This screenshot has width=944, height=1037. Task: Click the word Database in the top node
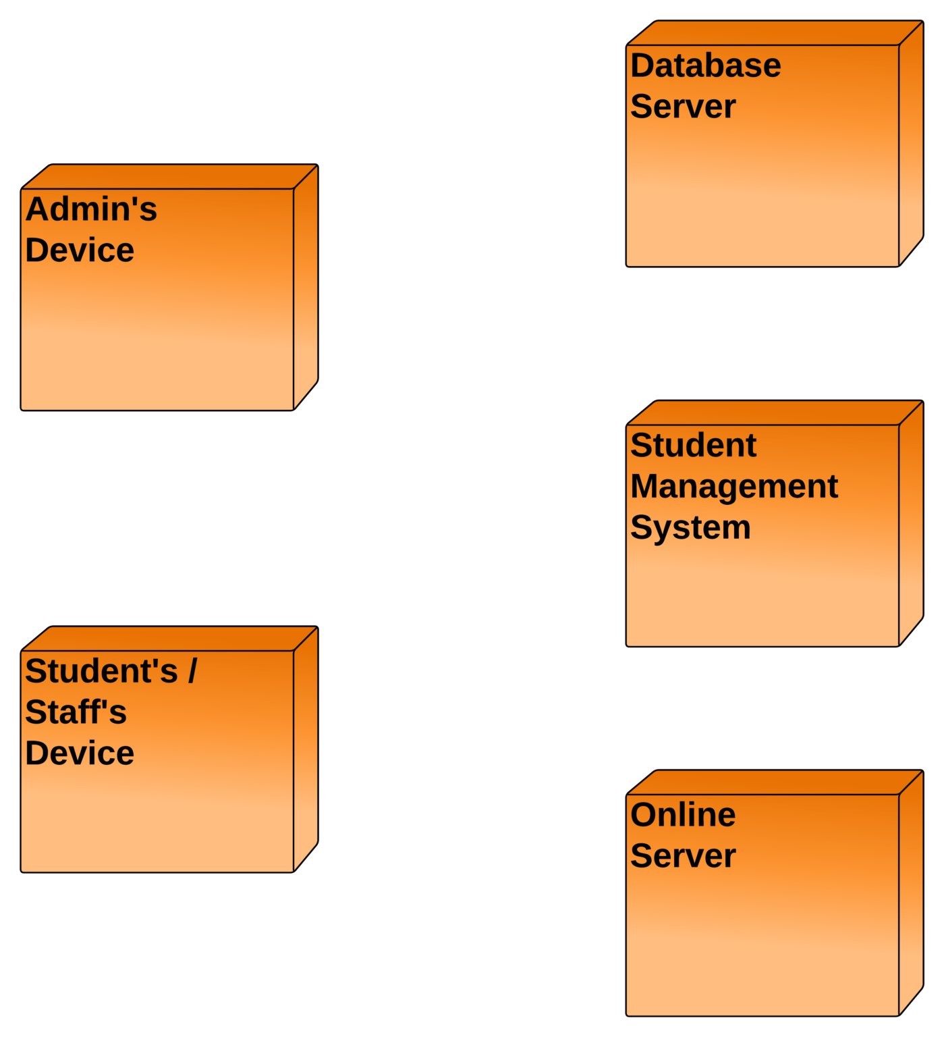(706, 66)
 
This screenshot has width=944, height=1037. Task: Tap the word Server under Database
(683, 107)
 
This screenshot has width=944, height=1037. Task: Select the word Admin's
(91, 209)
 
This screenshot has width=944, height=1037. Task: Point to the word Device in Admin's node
(80, 250)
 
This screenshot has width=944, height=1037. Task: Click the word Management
(734, 487)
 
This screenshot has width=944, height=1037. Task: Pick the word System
(690, 528)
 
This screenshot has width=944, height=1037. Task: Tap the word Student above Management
(694, 446)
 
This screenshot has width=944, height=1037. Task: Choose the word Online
(683, 815)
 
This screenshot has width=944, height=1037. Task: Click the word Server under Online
(683, 856)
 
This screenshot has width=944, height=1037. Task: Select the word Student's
(101, 671)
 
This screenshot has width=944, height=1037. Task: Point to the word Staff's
(76, 712)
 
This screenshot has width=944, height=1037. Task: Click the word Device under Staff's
(80, 753)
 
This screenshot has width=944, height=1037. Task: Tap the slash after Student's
(193, 671)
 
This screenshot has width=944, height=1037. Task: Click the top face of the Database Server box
(775, 32)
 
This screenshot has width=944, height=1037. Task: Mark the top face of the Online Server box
(775, 782)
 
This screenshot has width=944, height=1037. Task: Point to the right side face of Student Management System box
(911, 523)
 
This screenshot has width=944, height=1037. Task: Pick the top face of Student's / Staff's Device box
(170, 639)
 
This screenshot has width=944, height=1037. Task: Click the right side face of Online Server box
(911, 893)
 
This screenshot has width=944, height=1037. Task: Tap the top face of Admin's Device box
(170, 176)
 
